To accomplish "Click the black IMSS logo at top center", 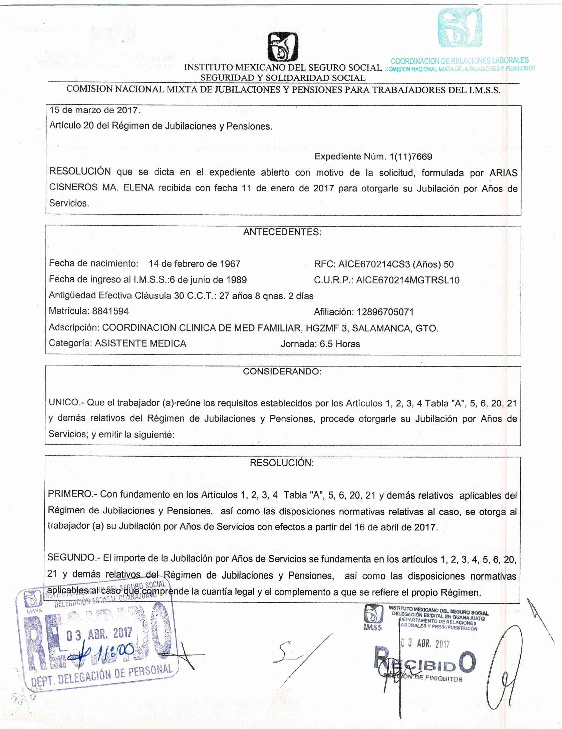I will coord(283,47).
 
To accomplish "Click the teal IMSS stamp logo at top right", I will coord(460,28).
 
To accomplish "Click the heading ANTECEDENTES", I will coord(282,232).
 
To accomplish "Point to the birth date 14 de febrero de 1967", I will coord(195,264).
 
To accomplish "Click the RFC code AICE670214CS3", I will coord(374,264).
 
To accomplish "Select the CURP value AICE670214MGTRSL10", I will coord(407,280).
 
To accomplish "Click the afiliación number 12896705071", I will coord(385,312).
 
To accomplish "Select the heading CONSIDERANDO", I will coord(282,372).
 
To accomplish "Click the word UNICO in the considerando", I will coord(64,403).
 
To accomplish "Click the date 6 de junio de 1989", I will coord(208,280).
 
